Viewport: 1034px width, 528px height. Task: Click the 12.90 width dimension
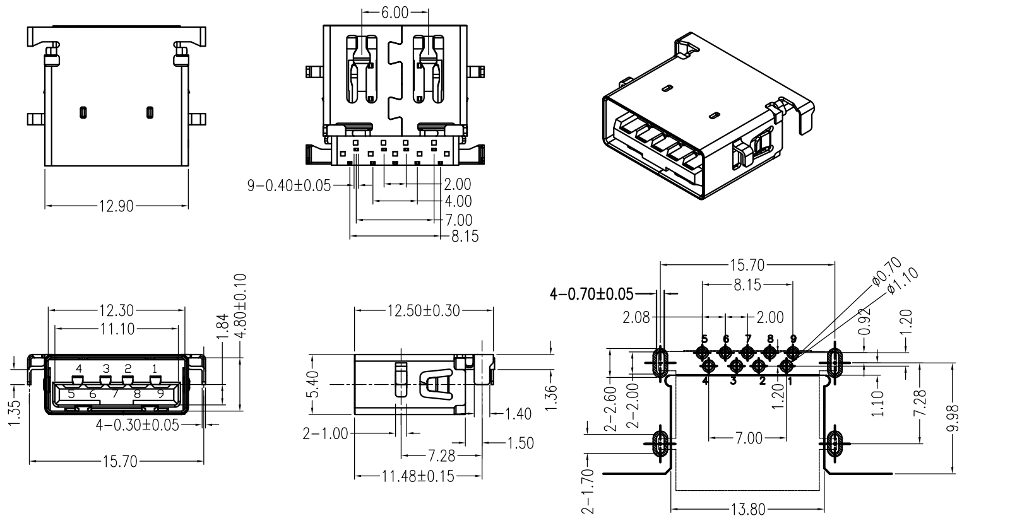(x=116, y=206)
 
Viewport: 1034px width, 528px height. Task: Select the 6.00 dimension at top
(x=395, y=12)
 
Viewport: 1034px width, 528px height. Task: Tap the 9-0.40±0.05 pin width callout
(x=289, y=185)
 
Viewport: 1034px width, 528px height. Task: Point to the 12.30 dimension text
(x=116, y=310)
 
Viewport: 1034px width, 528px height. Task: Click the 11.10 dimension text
(x=116, y=328)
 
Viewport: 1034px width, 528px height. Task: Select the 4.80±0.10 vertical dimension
(x=241, y=306)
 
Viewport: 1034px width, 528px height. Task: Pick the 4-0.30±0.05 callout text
(x=137, y=425)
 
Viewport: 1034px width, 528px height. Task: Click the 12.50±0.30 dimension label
(x=424, y=310)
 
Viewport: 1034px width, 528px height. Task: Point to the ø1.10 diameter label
(x=903, y=279)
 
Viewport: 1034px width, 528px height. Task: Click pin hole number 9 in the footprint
(x=792, y=352)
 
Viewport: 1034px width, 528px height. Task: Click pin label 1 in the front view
(x=155, y=368)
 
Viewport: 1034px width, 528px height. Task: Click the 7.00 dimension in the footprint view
(x=749, y=438)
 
